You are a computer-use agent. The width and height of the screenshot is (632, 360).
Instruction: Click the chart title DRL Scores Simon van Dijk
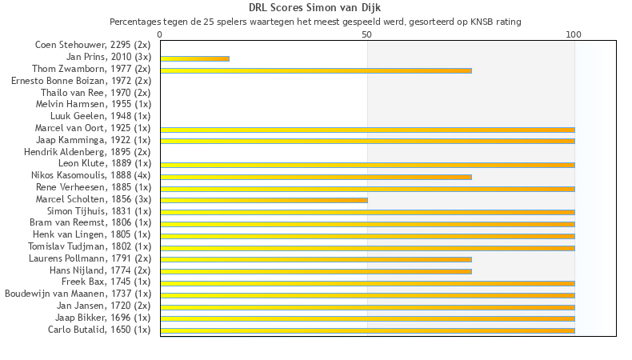315,8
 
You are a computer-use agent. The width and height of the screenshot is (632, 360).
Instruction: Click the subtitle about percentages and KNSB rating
315,22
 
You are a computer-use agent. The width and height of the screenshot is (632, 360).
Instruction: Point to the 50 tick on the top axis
367,34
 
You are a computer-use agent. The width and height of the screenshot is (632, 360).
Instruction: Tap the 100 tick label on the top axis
574,34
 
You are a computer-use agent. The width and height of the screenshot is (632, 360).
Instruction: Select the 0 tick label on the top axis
160,34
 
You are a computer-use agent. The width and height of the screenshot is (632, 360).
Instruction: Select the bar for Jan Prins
194,58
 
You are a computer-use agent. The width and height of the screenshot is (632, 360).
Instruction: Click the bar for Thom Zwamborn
316,70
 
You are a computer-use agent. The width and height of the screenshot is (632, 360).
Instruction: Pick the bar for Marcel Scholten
264,200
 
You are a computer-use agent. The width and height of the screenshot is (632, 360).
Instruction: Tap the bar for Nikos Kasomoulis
316,177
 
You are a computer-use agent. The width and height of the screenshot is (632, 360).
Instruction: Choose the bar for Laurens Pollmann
316,259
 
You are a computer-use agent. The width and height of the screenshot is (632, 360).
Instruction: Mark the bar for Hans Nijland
316,271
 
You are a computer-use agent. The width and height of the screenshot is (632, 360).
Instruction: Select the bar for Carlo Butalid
367,330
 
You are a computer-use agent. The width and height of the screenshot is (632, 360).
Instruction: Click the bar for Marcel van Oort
367,130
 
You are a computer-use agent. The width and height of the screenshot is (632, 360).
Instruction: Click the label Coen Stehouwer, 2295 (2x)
93,46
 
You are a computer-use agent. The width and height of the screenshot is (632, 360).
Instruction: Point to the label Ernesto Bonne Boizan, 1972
81,81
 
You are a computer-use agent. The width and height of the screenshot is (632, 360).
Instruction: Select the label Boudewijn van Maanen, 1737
78,294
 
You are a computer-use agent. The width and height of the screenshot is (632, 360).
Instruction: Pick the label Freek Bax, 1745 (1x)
106,282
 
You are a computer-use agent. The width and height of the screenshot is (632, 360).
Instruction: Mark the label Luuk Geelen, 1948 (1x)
100,116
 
